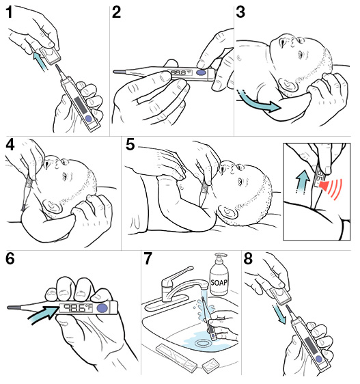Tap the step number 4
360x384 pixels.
[x=10, y=145]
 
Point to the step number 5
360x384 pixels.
[x=130, y=145]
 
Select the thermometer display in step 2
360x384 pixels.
[x=178, y=72]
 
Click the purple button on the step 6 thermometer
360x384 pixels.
[x=102, y=308]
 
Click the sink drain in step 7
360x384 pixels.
[x=204, y=335]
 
